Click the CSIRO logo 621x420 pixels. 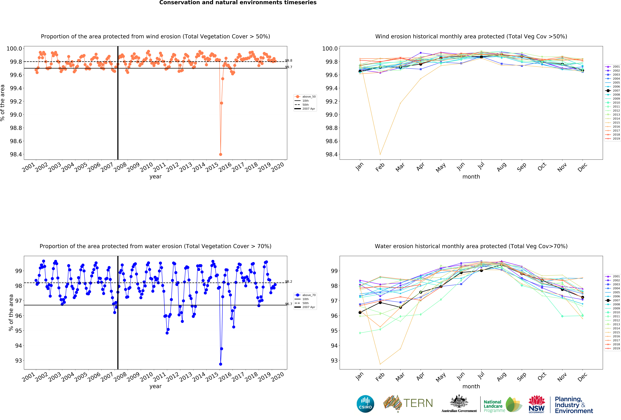click(365, 404)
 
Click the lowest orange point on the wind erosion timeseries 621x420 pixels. click(220, 154)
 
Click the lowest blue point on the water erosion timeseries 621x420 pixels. click(220, 364)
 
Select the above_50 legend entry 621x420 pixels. click(309, 97)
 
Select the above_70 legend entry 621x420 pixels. click(309, 295)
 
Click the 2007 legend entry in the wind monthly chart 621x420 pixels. click(616, 91)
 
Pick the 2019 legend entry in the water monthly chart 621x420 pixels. click(616, 348)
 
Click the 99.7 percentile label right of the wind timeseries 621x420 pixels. click(289, 67)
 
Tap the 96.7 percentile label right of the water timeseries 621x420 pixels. click(289, 304)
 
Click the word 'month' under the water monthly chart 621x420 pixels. click(471, 386)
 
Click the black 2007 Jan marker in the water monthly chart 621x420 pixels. click(360, 312)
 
